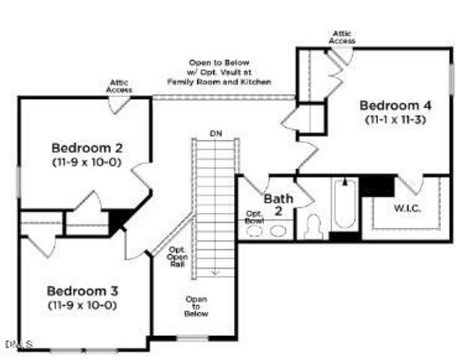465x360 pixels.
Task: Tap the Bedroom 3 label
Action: (x=83, y=290)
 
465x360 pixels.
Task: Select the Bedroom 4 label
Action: (x=394, y=105)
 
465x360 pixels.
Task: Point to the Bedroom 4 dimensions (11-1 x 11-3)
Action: (x=394, y=119)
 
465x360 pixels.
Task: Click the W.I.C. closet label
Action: (x=408, y=208)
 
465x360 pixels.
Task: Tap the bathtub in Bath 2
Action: (x=345, y=203)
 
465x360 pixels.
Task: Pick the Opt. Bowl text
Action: (x=253, y=217)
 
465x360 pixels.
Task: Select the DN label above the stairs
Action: (x=216, y=133)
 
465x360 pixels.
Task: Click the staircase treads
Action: (x=216, y=202)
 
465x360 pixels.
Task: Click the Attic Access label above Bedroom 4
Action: (x=342, y=36)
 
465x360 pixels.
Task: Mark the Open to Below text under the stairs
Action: (x=196, y=306)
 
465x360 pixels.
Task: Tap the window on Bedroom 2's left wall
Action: (x=19, y=182)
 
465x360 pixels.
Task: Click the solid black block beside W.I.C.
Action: (x=377, y=184)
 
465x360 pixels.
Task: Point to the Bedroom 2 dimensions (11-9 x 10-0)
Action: (x=87, y=161)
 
